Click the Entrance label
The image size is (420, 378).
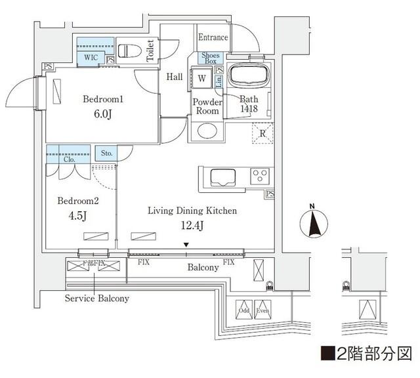213,37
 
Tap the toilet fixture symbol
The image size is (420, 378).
127,51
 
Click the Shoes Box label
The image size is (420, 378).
211,58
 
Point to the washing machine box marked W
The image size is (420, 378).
201,77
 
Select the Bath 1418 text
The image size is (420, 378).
249,104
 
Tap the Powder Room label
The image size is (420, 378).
207,106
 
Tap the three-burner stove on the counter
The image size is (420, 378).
260,176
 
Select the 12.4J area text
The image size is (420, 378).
192,226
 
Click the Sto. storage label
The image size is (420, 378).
106,154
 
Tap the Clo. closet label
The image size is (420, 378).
70,159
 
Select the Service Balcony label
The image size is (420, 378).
96,298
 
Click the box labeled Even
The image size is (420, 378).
262,310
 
